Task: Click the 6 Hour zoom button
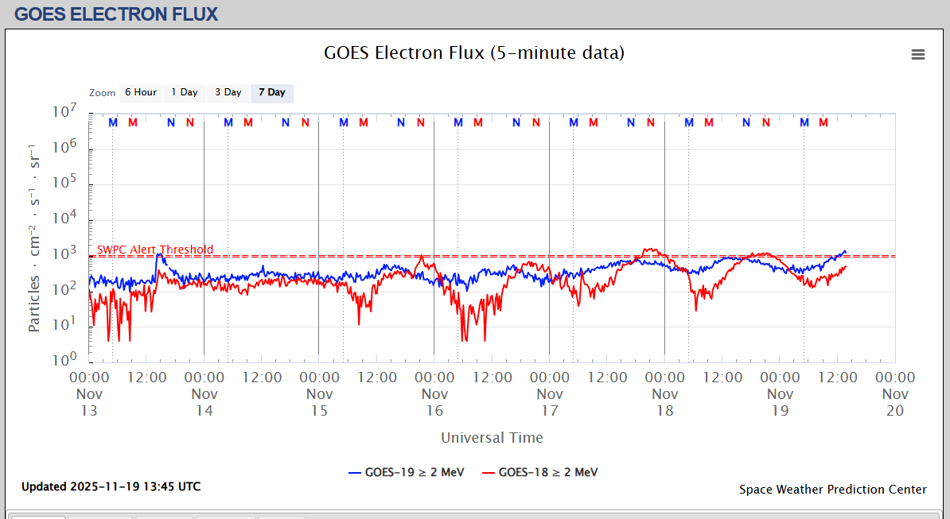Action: point(140,93)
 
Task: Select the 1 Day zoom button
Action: point(185,93)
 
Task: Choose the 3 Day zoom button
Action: point(228,93)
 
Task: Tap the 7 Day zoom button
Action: point(271,93)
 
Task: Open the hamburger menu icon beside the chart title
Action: point(918,54)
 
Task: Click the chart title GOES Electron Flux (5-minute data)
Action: point(474,53)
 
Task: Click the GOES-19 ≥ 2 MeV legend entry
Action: point(407,472)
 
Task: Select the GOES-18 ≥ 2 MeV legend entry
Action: point(540,472)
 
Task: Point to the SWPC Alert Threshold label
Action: point(155,250)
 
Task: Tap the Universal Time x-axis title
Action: point(492,438)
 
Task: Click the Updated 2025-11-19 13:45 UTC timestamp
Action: point(111,486)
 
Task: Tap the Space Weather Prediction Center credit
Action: point(832,490)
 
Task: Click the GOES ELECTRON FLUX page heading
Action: point(116,14)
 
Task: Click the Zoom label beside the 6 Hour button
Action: point(102,93)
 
